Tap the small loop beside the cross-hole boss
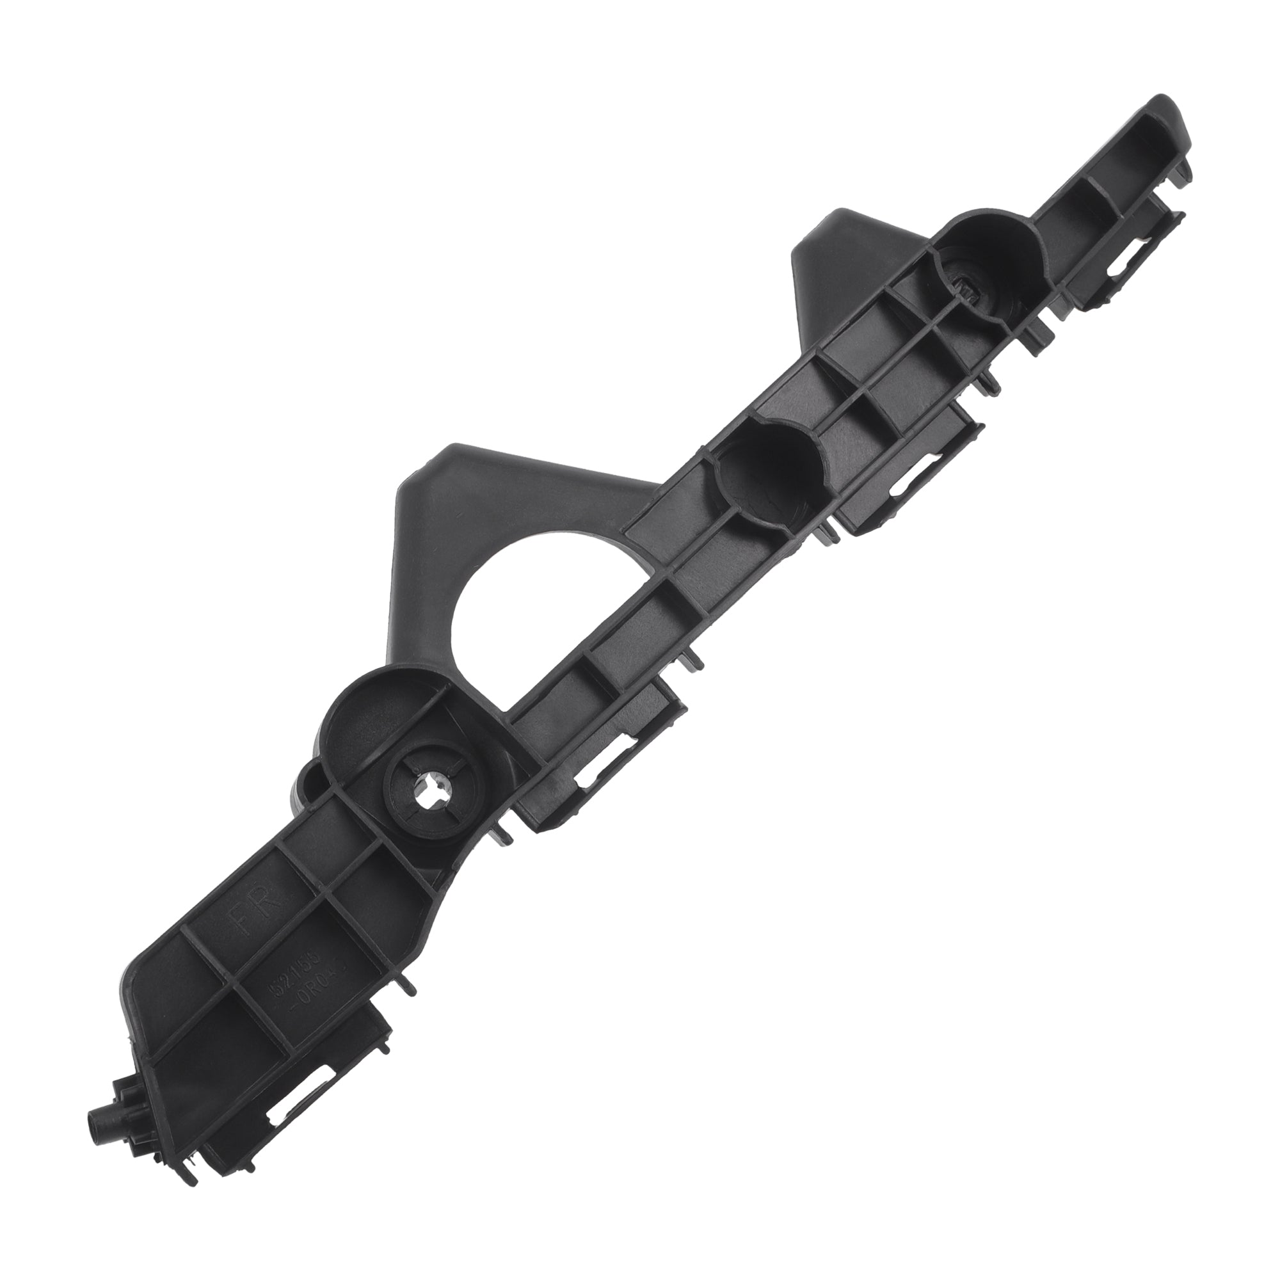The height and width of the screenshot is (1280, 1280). [312, 783]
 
